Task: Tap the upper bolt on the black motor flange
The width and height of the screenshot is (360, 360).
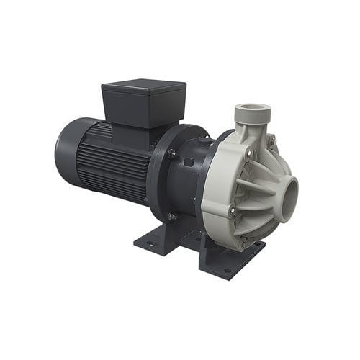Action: click(x=172, y=153)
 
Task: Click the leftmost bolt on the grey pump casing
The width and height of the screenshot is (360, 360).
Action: click(x=231, y=210)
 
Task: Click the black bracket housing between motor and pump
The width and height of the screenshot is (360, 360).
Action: click(x=189, y=187)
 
